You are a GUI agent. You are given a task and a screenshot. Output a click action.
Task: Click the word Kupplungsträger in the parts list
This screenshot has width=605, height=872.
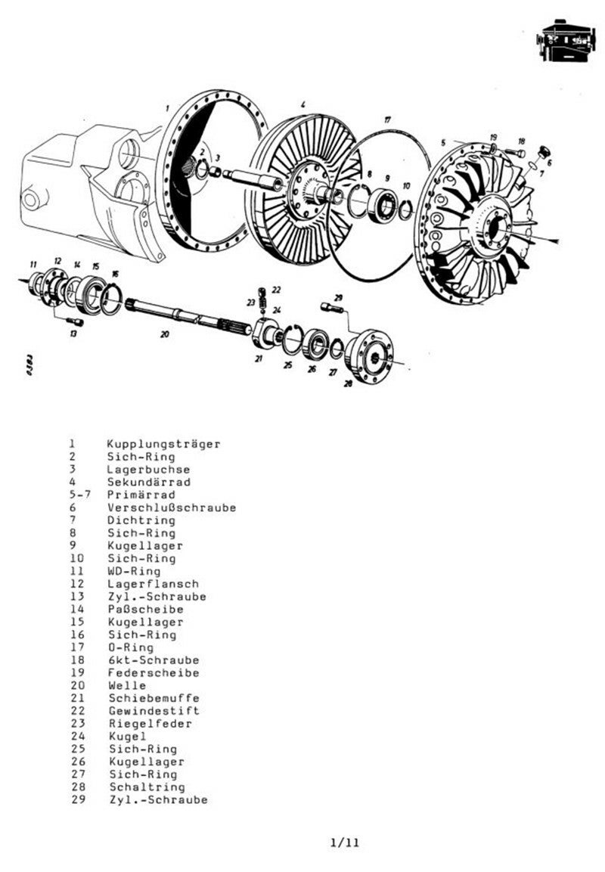tap(163, 444)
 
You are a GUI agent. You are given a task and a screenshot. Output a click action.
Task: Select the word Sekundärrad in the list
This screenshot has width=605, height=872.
tap(148, 482)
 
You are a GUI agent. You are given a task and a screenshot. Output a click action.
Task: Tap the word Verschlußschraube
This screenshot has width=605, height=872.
tap(171, 507)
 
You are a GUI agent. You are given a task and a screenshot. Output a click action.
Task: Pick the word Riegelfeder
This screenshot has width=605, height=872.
tap(150, 724)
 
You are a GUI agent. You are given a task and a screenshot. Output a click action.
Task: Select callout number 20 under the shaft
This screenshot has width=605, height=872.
tap(164, 334)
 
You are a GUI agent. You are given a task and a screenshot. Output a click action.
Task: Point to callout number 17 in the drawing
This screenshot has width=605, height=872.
tap(387, 119)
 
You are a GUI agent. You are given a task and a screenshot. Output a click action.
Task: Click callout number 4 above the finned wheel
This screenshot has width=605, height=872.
tap(302, 104)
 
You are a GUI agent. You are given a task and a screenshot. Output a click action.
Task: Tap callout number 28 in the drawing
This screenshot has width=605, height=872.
tap(348, 383)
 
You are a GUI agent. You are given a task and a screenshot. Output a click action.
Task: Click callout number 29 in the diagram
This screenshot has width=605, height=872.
tap(338, 297)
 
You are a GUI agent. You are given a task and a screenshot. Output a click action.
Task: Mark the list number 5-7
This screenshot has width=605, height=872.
tap(77, 495)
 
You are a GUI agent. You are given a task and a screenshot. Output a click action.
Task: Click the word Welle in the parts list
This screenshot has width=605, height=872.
tap(127, 685)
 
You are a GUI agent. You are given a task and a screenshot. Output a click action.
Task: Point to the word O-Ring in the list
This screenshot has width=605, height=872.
tap(131, 647)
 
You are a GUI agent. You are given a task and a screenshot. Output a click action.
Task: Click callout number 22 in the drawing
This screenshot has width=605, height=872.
tap(276, 290)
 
